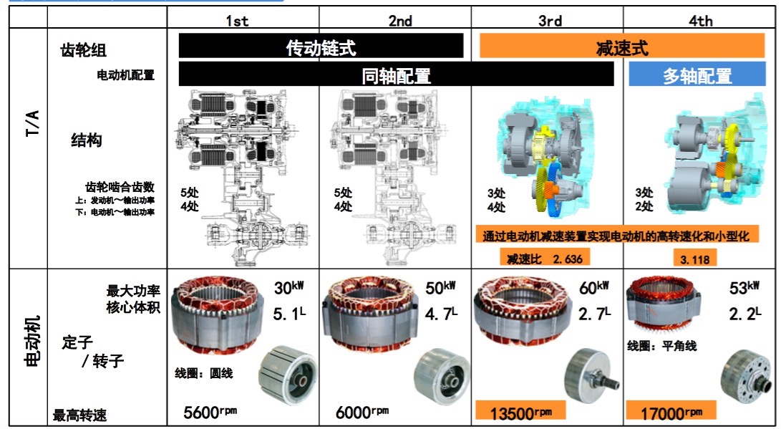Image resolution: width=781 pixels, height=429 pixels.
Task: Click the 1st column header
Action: tap(237, 21)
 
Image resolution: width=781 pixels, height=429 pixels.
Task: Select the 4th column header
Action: tap(700, 21)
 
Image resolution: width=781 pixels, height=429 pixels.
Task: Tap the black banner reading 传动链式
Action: tap(321, 46)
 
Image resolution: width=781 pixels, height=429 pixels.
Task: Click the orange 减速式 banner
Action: tap(622, 46)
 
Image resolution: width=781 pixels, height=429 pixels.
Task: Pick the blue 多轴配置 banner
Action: tap(697, 74)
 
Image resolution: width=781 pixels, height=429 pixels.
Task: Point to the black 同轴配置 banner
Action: tap(396, 74)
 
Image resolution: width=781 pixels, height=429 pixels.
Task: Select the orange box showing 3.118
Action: tap(695, 258)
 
